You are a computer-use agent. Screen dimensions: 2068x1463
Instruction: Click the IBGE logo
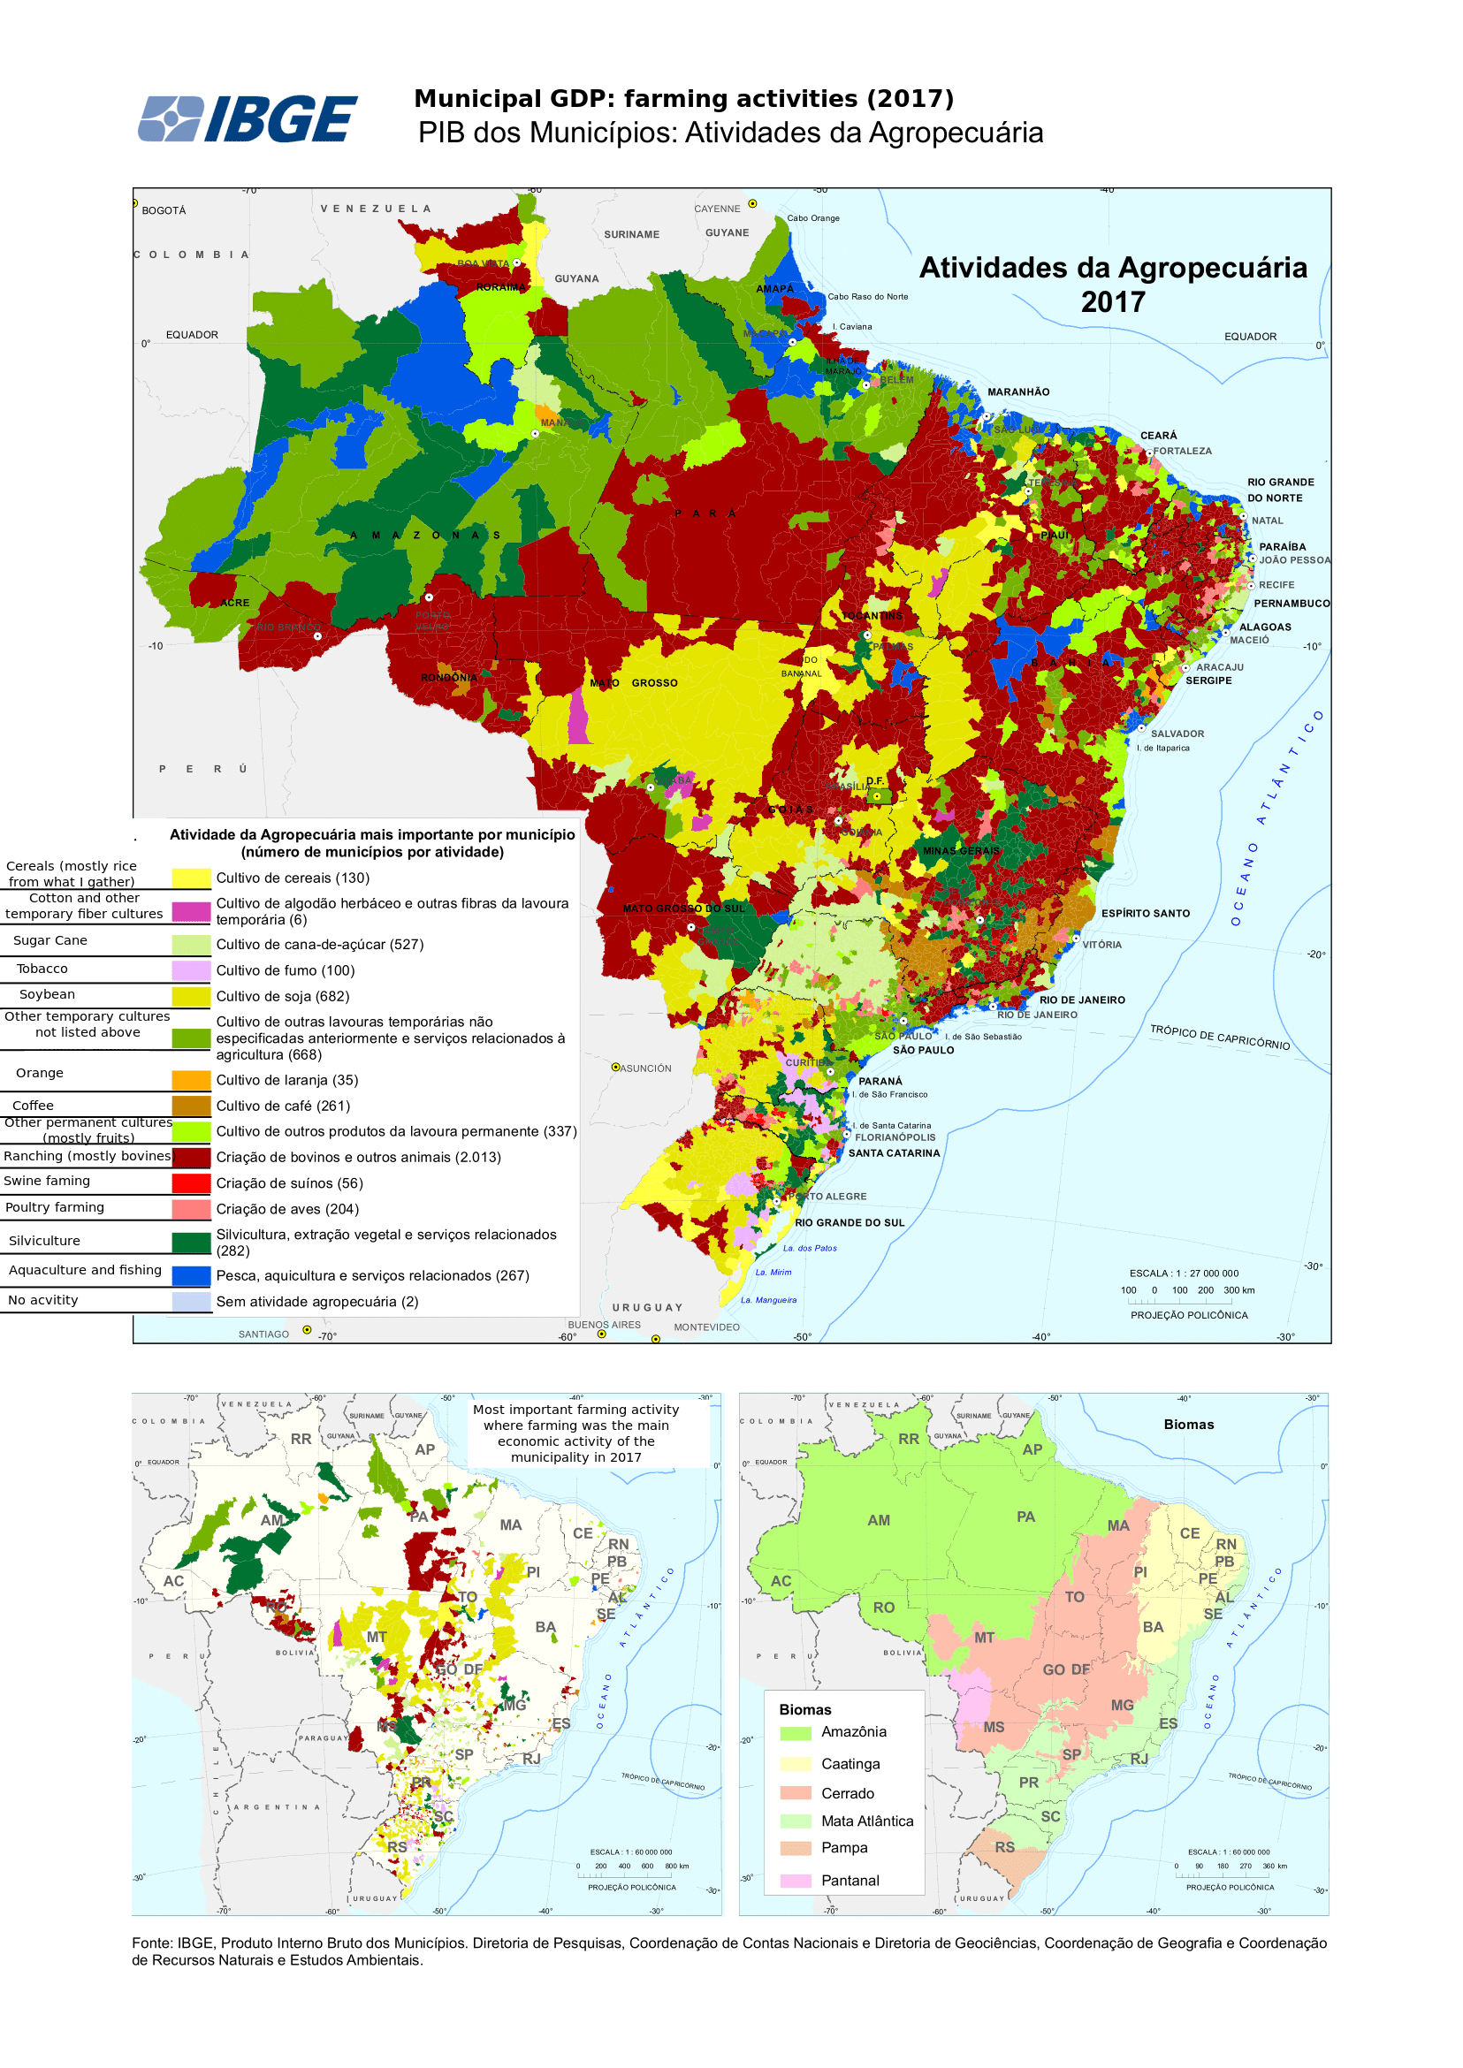click(248, 119)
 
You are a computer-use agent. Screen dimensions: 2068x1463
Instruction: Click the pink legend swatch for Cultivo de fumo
click(191, 971)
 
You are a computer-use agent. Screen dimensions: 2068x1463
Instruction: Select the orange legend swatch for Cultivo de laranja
click(191, 1081)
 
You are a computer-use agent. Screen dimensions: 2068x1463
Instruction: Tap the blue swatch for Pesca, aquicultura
click(191, 1276)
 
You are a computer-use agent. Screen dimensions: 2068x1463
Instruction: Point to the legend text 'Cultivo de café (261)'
click(283, 1106)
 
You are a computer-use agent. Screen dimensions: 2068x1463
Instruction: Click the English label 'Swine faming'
click(47, 1181)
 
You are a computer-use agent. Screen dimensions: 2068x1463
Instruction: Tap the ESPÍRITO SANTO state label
click(1145, 913)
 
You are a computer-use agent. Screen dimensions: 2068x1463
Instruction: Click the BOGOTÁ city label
click(164, 210)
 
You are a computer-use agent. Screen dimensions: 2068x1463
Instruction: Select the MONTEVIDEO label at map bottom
click(706, 1327)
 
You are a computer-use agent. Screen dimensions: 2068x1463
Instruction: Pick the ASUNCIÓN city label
click(645, 1068)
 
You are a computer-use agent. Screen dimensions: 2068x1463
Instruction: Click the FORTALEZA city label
click(1182, 452)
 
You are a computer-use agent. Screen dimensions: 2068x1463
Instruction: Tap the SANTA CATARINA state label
click(894, 1153)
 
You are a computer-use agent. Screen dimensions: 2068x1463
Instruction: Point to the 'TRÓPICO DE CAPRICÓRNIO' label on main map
click(1219, 1037)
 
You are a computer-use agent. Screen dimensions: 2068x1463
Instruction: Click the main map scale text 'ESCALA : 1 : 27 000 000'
click(1184, 1273)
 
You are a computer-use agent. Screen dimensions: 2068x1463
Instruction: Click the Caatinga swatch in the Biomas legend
click(796, 1764)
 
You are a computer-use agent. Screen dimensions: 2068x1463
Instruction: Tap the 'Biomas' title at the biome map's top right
click(1188, 1425)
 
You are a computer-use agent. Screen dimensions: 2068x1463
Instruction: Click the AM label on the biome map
click(879, 1520)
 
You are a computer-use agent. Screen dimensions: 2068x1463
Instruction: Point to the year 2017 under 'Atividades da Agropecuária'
click(1113, 302)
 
